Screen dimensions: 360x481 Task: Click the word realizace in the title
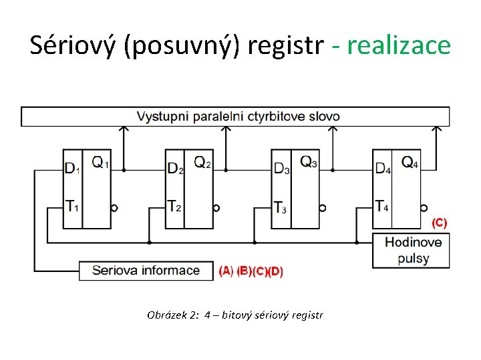[x=399, y=45]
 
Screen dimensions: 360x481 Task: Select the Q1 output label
[x=100, y=162]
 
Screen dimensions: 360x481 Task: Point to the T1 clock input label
[x=72, y=207]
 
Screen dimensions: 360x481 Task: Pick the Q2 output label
[x=202, y=162]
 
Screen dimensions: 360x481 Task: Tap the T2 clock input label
[x=174, y=207]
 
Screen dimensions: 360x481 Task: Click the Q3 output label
[x=309, y=162]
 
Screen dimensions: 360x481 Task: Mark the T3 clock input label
[x=281, y=207]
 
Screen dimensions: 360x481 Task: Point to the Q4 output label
[x=410, y=162]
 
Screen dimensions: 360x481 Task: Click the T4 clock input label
[x=382, y=207]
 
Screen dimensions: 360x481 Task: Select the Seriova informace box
[x=146, y=271]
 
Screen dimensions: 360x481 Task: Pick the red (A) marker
[x=226, y=271]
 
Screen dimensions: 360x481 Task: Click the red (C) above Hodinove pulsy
[x=440, y=222]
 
